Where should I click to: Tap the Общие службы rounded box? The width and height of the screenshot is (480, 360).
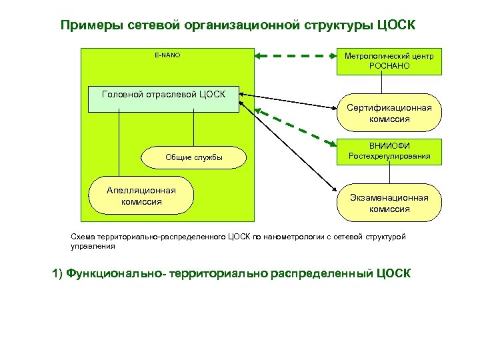coord(193,157)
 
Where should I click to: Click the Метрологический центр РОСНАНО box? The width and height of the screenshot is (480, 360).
coord(389,61)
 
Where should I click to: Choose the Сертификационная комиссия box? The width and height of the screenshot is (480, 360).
coord(389,113)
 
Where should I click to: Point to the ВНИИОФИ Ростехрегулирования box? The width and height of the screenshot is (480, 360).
coord(389,151)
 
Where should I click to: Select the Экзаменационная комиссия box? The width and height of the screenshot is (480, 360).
coord(389,203)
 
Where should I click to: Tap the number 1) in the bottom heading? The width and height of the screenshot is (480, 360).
coord(56,273)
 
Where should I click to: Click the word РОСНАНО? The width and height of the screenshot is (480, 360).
coord(389,66)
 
